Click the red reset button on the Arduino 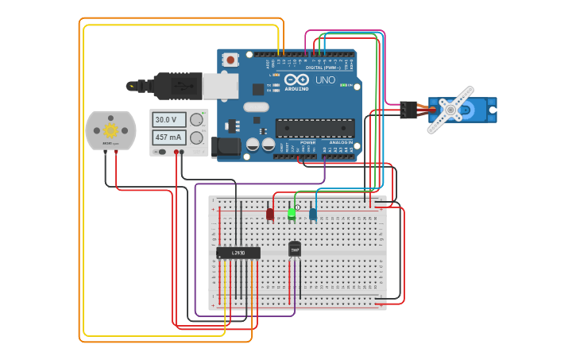coord(231,60)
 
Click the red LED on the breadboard coord(270,213)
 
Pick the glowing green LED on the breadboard coord(292,212)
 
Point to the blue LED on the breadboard coord(313,213)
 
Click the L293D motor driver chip coord(238,253)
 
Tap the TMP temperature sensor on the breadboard coord(295,250)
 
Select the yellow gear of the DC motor coord(110,130)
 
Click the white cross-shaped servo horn coord(450,110)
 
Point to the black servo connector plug coord(408,110)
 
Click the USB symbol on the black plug coord(175,84)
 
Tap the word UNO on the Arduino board coord(325,80)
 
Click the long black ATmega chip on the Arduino coord(315,127)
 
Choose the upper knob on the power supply coord(196,120)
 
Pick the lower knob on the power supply coord(196,137)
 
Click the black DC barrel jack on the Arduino coord(226,145)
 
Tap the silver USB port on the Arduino coord(219,85)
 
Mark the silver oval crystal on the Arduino coord(256,106)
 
